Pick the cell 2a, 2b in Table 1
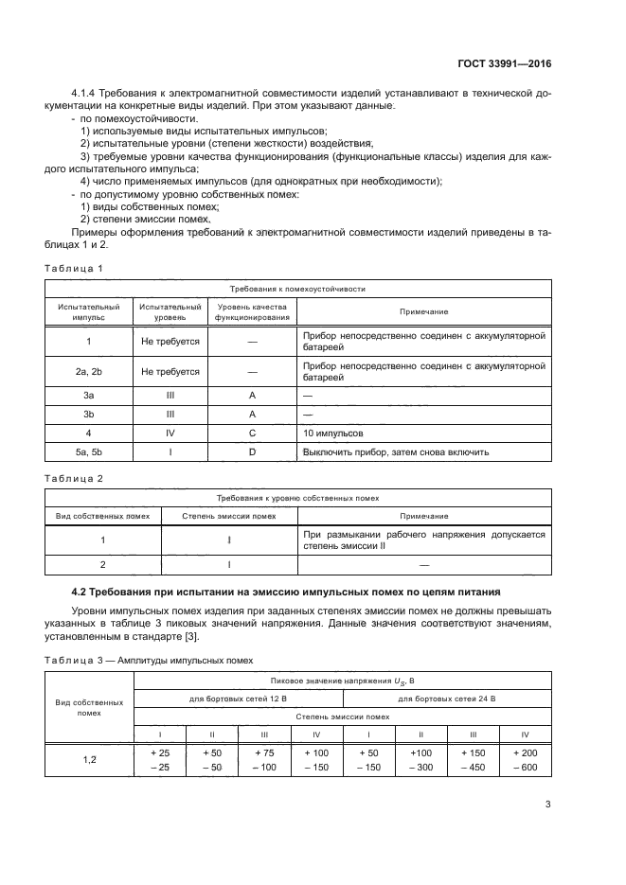[x=88, y=372]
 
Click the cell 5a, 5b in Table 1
[x=88, y=451]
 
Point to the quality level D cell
[x=253, y=451]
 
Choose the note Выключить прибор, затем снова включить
[x=395, y=451]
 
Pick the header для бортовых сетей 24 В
[x=446, y=699]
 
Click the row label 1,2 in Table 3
[x=88, y=759]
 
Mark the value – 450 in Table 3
[x=473, y=767]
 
